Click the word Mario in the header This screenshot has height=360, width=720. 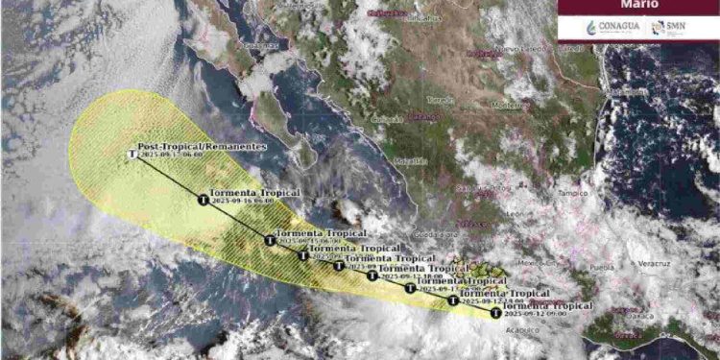pyautogui.click(x=638, y=7)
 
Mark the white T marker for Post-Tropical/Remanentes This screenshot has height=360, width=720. pyautogui.click(x=132, y=153)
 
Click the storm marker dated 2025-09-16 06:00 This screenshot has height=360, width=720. pyautogui.click(x=203, y=200)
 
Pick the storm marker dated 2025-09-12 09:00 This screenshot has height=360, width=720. pyautogui.click(x=495, y=312)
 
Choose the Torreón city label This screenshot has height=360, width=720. pyautogui.click(x=444, y=99)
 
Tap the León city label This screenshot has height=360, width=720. pyautogui.click(x=543, y=213)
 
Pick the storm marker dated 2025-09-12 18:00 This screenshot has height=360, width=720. pyautogui.click(x=411, y=288)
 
